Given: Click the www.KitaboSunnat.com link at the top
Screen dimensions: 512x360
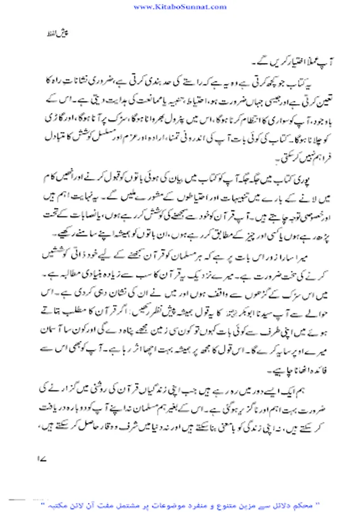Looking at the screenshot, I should point(180,7).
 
